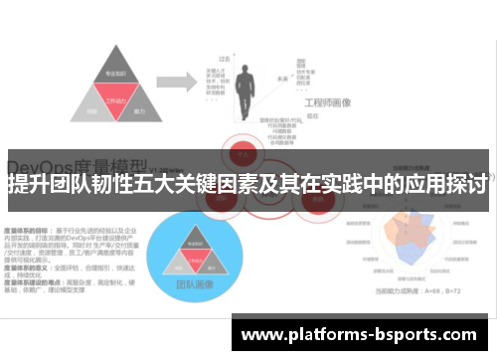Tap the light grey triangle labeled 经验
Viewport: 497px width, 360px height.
[x=92, y=111]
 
